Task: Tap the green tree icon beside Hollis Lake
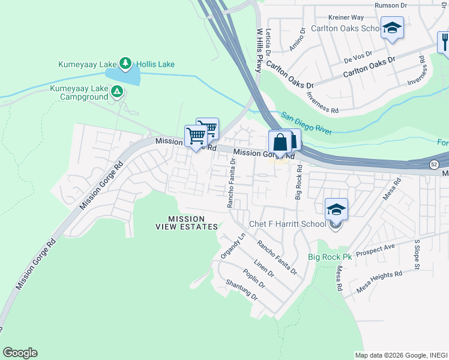[x=125, y=62]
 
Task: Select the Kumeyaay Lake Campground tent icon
[x=118, y=92]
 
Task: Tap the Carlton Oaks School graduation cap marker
[x=392, y=28]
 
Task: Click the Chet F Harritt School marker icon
[x=336, y=210]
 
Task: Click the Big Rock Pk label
[x=330, y=257]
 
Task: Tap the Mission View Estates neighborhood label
[x=187, y=223]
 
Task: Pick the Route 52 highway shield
[x=433, y=164]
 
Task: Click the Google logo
[x=20, y=353]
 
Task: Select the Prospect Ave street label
[x=375, y=248]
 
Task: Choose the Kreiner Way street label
[x=346, y=17]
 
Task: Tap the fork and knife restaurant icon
[x=444, y=41]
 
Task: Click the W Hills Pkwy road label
[x=259, y=50]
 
